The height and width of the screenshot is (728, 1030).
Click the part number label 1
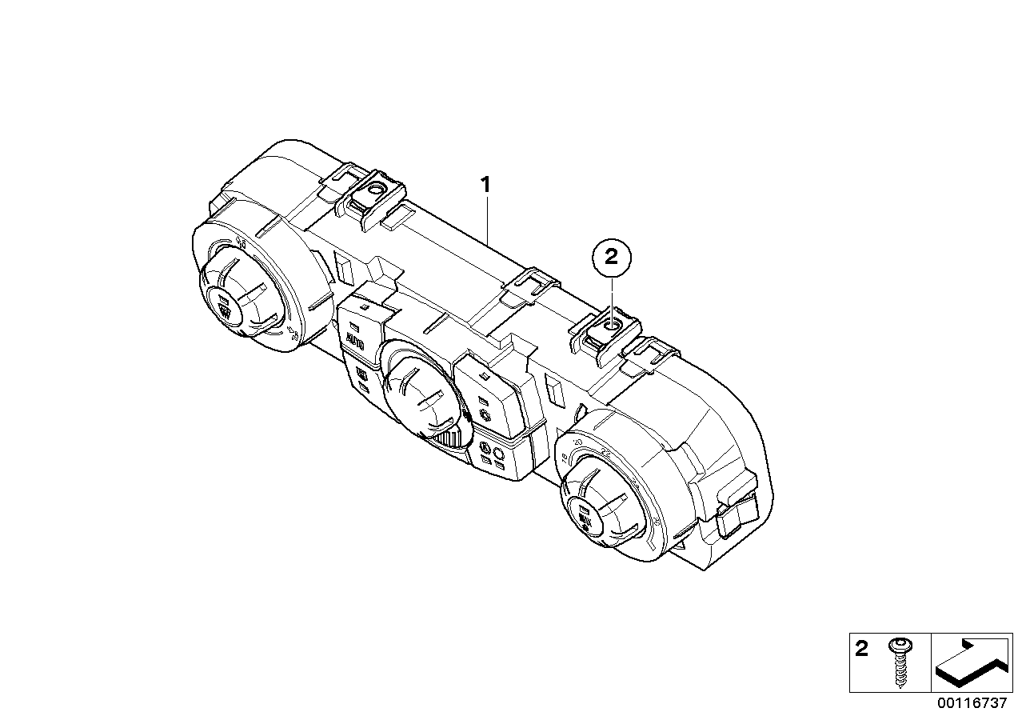pyautogui.click(x=485, y=185)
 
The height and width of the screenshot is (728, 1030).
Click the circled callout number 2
pyautogui.click(x=612, y=258)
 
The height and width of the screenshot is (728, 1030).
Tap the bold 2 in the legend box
pyautogui.click(x=861, y=650)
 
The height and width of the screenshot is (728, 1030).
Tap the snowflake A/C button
pyautogui.click(x=485, y=414)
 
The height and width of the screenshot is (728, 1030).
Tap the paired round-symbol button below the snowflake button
pyautogui.click(x=492, y=455)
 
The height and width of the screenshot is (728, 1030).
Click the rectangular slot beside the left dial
pyautogui.click(x=344, y=269)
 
